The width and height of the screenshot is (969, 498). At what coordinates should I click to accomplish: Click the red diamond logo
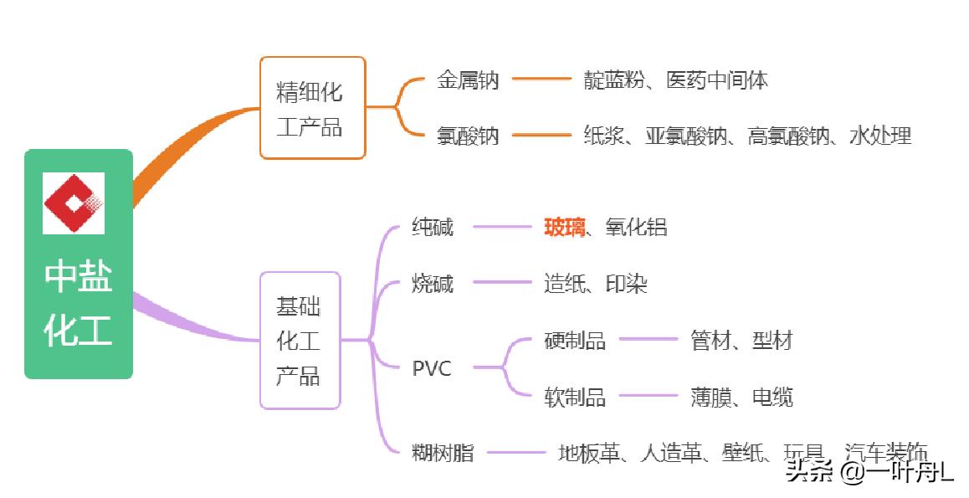pos(74,203)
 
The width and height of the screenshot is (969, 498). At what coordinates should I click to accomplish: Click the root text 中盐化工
pos(78,303)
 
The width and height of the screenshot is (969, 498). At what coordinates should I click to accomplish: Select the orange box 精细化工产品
pos(312,108)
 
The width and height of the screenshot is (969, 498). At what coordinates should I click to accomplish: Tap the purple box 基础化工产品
pos(300,341)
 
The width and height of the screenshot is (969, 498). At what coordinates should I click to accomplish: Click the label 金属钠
pos(468,80)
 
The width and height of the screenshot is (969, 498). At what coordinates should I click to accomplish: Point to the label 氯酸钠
pos(468,136)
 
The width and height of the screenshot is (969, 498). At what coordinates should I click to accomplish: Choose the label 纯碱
pos(433,227)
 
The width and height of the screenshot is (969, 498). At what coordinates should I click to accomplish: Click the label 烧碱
pos(433,284)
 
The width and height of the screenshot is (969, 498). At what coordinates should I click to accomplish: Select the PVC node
pos(432,368)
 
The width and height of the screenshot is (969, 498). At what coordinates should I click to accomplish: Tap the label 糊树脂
pos(443,454)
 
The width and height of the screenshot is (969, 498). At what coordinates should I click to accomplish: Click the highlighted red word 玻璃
pos(565,227)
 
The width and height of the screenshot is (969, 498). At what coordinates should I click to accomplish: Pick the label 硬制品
pos(574,341)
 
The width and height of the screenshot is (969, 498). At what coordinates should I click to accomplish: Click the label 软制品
pos(574,397)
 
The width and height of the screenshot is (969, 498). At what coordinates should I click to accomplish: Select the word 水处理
pos(879,136)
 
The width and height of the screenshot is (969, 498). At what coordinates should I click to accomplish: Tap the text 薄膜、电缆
pos(741,397)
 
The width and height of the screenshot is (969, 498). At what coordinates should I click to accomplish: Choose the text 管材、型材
pos(741,341)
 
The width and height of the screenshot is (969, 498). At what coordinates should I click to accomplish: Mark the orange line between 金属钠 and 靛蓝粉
pos(541,80)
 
